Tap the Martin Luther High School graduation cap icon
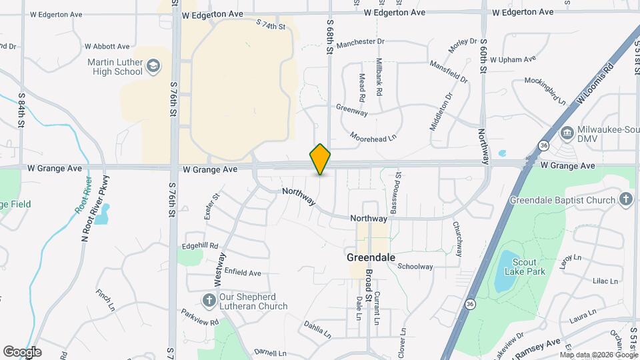(154, 65)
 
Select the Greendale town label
(371, 257)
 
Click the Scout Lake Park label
(525, 266)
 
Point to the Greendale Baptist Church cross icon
(625, 199)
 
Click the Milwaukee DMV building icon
(567, 133)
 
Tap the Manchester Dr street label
(361, 42)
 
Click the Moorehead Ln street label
(373, 136)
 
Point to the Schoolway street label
(415, 267)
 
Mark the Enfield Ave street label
(242, 273)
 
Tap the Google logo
(22, 352)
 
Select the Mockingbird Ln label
(545, 93)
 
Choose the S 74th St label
(270, 25)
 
